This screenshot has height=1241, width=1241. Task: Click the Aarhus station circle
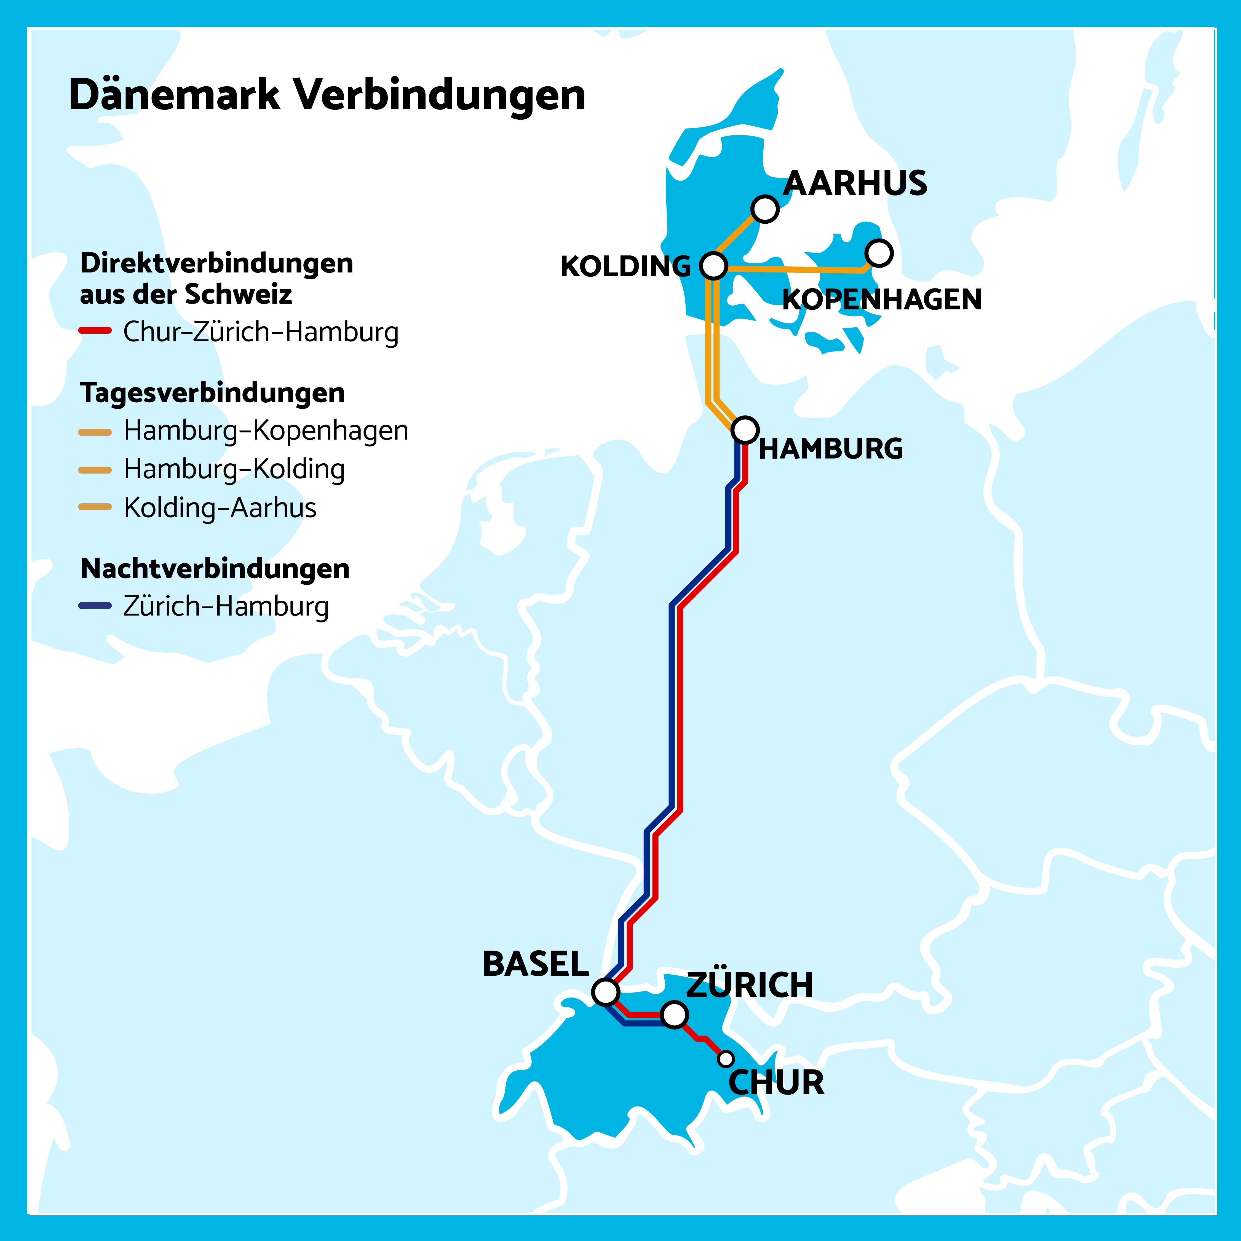[x=765, y=209]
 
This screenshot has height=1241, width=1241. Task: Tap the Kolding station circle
[x=713, y=265]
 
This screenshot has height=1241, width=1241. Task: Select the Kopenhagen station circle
[x=879, y=253]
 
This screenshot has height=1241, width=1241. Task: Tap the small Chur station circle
[x=726, y=1058]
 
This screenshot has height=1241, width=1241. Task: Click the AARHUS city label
[x=855, y=184]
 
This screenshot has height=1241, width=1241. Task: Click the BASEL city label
[x=536, y=964]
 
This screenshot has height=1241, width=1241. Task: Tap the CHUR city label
[x=776, y=1083]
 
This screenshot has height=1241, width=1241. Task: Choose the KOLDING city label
[x=625, y=267]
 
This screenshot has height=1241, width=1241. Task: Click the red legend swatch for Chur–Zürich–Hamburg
[x=95, y=331]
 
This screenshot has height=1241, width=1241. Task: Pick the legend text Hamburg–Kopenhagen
[x=266, y=430]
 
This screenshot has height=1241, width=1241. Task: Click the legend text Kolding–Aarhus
[x=220, y=507]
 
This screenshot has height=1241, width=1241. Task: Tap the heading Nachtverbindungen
[x=215, y=568]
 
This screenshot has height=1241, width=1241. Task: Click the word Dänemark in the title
[x=175, y=95]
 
